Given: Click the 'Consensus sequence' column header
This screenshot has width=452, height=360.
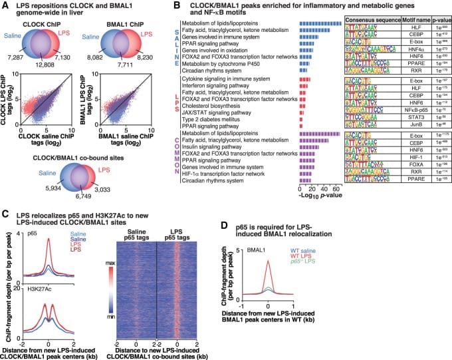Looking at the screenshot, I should pos(371,21).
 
